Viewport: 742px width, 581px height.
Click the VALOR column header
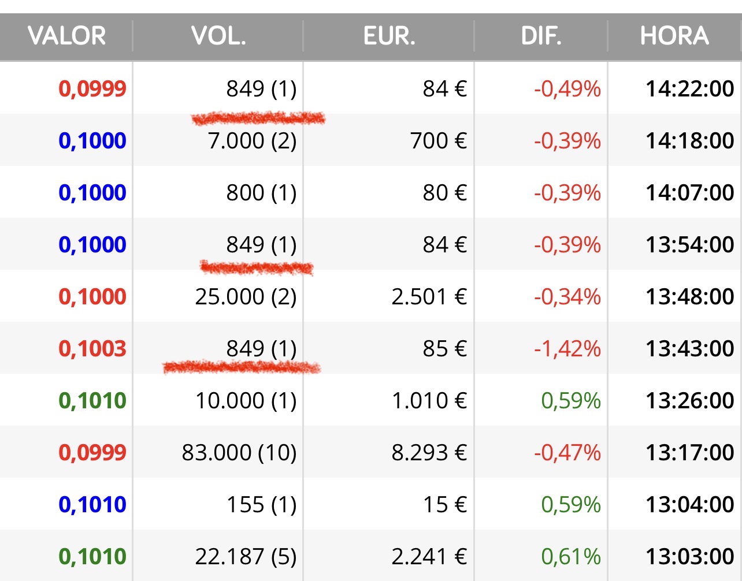tap(66, 36)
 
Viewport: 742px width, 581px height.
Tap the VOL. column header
tap(218, 36)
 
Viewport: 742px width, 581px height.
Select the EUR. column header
tap(389, 36)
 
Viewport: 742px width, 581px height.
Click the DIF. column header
tap(541, 36)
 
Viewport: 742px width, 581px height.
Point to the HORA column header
tap(675, 36)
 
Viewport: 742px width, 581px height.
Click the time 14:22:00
tap(690, 89)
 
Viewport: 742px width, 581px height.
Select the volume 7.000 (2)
tap(252, 141)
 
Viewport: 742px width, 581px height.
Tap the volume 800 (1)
tap(261, 193)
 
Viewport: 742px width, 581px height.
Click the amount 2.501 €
tap(429, 296)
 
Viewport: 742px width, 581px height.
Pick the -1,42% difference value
tap(567, 349)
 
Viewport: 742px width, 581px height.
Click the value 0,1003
tap(92, 349)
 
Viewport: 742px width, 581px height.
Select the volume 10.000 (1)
tap(246, 401)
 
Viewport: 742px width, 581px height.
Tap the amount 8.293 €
tap(429, 453)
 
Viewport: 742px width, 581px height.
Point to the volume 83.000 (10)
tap(239, 453)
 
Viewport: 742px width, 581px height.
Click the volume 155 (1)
tap(262, 505)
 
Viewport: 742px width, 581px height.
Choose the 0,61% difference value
tap(571, 556)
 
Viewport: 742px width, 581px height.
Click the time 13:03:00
tap(690, 556)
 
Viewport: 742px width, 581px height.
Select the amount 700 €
tap(439, 141)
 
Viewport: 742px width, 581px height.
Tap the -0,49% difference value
tap(567, 89)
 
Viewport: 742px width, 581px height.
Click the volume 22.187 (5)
tap(246, 556)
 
